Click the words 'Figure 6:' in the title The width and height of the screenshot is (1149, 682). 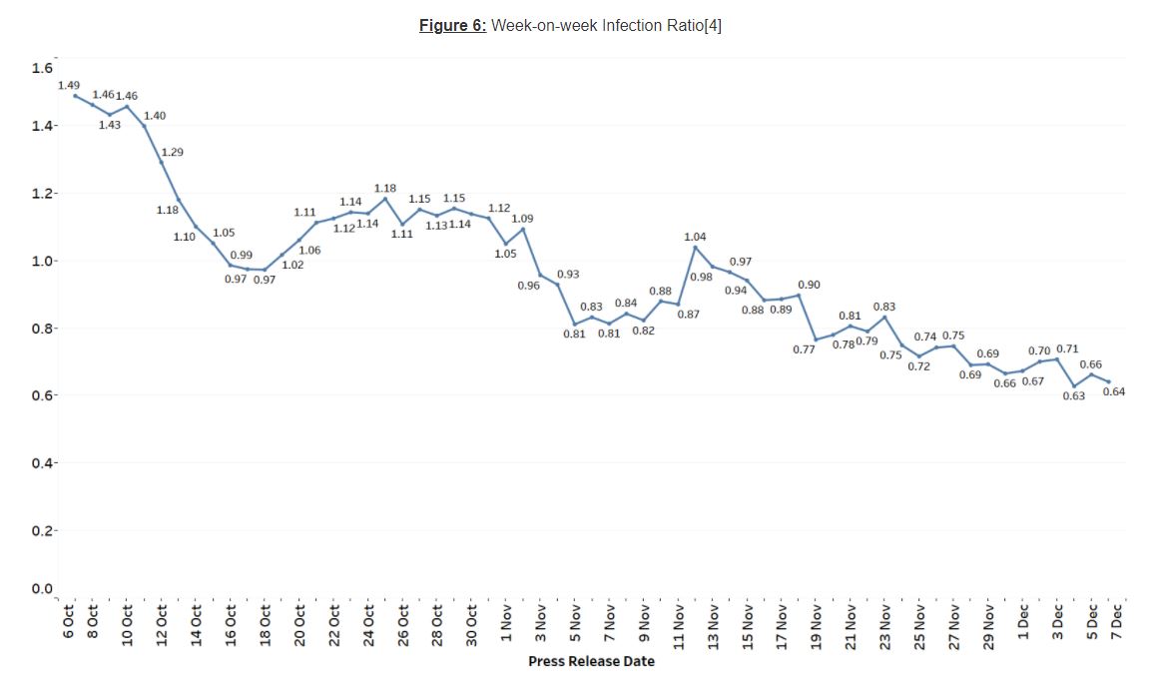pyautogui.click(x=452, y=26)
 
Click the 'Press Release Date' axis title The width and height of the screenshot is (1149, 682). pyautogui.click(x=591, y=661)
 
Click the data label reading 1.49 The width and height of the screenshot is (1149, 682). pyautogui.click(x=69, y=86)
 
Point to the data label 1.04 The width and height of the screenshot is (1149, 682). pyautogui.click(x=695, y=237)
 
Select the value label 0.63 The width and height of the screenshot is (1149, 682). pyautogui.click(x=1073, y=396)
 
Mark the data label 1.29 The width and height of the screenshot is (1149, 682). pyautogui.click(x=173, y=152)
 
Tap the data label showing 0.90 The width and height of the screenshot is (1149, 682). pyautogui.click(x=809, y=286)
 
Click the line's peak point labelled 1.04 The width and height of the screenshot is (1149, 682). pyautogui.click(x=695, y=247)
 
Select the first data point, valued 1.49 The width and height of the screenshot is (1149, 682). pyautogui.click(x=76, y=96)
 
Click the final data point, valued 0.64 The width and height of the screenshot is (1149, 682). pyautogui.click(x=1108, y=381)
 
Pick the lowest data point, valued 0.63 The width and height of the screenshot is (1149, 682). pyautogui.click(x=1074, y=385)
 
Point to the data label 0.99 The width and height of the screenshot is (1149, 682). pyautogui.click(x=242, y=256)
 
